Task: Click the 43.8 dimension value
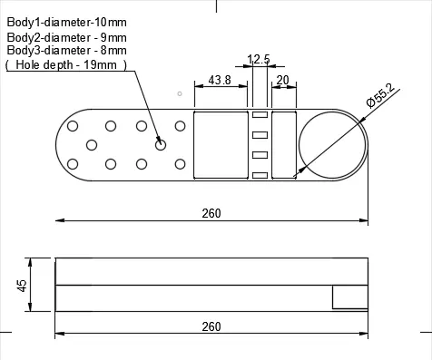click(x=220, y=80)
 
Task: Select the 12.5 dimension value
click(x=259, y=59)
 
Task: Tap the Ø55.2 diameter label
click(x=380, y=95)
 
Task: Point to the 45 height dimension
click(x=22, y=286)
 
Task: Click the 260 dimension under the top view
click(x=211, y=213)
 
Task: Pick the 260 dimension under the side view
click(x=211, y=326)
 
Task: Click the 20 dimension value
click(x=282, y=80)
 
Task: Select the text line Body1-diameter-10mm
click(x=66, y=23)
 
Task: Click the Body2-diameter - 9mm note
click(x=66, y=37)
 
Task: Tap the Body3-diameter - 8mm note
click(x=66, y=50)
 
